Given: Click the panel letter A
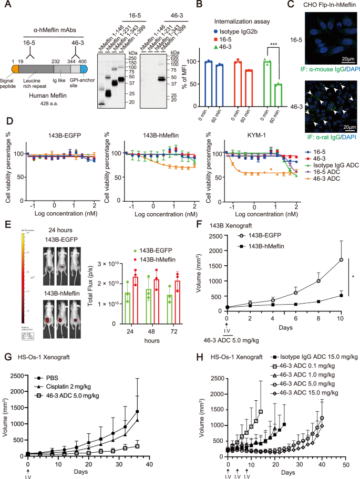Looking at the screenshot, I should tap(7, 7).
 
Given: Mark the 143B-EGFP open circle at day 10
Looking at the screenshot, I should tap(341, 259).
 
